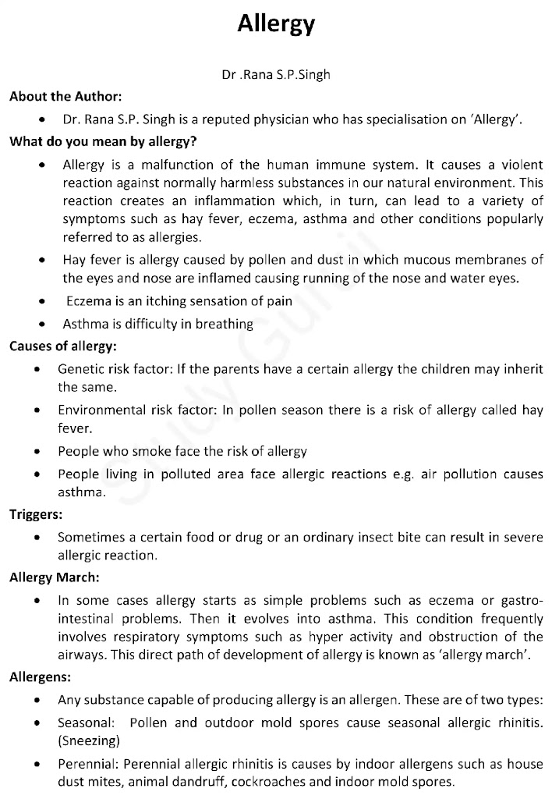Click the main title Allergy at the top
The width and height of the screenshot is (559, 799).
(276, 23)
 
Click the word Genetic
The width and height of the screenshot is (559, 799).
(81, 368)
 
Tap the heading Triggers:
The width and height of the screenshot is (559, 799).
(36, 515)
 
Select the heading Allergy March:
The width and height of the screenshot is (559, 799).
(54, 579)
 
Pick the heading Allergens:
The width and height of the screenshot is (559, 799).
(40, 677)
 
